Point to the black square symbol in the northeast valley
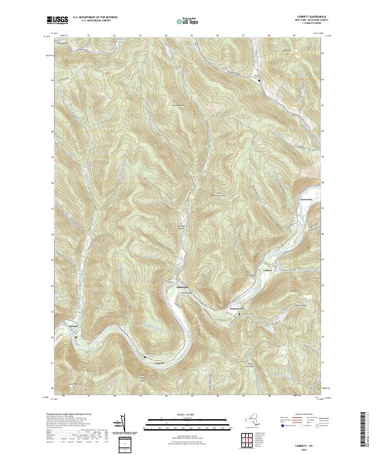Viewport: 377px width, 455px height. click(259, 80)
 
